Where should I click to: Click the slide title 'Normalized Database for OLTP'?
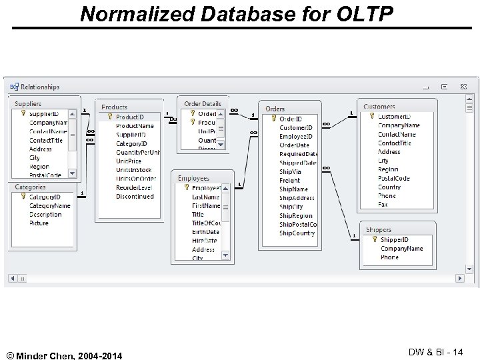237,13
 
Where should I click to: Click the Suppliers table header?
28,104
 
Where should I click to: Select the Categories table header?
31,187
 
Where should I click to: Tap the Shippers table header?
379,230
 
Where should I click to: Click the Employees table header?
193,178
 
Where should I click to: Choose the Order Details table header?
202,104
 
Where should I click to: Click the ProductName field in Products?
135,125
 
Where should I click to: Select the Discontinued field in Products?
135,197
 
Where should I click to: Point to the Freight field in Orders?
289,180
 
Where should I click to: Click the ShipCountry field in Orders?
297,233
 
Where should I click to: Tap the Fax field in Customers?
383,205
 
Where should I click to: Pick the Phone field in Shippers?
389,257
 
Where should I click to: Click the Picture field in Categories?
39,223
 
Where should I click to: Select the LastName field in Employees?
205,197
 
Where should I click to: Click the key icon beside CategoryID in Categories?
22,197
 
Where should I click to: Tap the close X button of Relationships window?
462,87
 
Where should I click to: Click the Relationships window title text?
40,87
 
